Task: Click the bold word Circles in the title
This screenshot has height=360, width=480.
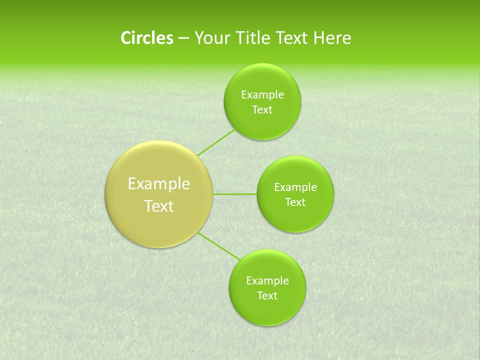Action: point(146,38)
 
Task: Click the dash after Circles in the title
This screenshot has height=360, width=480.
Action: point(183,38)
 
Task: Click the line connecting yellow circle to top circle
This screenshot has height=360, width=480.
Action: point(216,142)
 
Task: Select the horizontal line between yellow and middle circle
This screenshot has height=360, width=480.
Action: point(234,194)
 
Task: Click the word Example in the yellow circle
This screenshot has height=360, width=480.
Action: point(159,184)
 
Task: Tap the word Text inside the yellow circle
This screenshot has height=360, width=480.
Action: point(159,206)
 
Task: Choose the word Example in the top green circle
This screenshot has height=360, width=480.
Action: point(262,95)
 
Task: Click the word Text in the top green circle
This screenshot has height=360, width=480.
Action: point(262,110)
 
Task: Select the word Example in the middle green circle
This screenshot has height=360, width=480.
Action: point(295,187)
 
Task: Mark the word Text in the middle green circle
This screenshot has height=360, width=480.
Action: point(295,202)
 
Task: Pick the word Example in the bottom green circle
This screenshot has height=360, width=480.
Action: point(267,281)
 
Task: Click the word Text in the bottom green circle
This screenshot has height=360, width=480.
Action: point(267,296)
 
